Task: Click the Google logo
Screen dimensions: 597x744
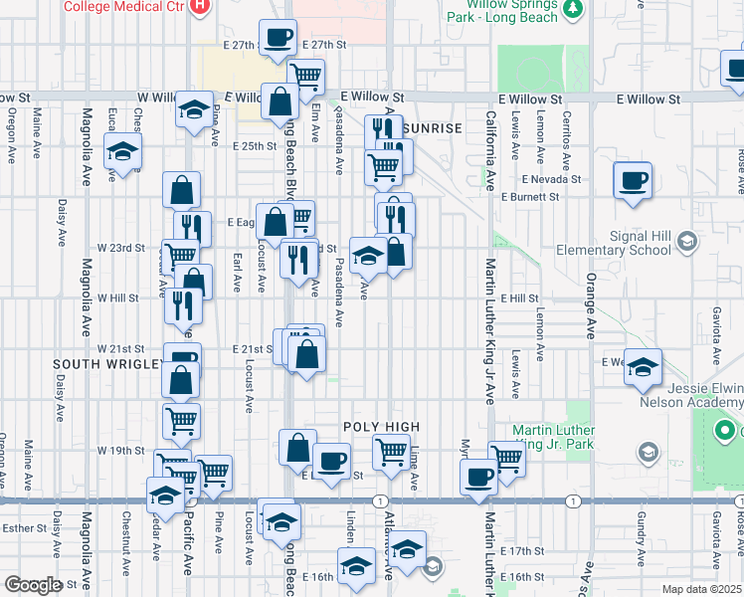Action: tap(32, 585)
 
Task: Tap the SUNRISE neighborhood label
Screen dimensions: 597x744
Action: tap(433, 129)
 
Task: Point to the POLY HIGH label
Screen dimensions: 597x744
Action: tap(381, 427)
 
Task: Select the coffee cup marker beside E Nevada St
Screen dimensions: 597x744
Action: tap(633, 181)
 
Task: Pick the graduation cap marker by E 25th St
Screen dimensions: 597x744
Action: tap(122, 152)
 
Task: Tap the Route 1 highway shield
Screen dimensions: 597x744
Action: tap(380, 499)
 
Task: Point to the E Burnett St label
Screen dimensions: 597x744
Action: tap(531, 197)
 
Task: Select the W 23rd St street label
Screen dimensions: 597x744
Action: tap(120, 247)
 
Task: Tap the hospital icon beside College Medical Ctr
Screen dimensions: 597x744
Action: tap(199, 6)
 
